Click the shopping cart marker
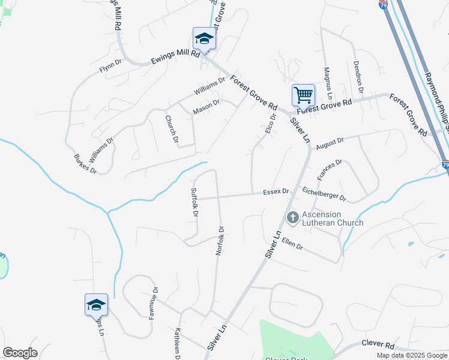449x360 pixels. [x=303, y=95]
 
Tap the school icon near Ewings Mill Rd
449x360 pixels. [x=204, y=39]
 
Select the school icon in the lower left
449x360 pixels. [x=96, y=305]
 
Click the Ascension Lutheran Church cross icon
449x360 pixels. [x=292, y=217]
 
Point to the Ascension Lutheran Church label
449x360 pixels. [x=332, y=218]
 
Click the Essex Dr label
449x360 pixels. [x=276, y=192]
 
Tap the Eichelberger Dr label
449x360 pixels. [x=324, y=193]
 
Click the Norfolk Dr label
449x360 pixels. [x=220, y=241]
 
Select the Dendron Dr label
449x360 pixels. [x=358, y=77]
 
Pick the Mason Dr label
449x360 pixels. [x=206, y=106]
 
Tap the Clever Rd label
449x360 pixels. [x=377, y=344]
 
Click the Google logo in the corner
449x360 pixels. [x=20, y=353]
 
